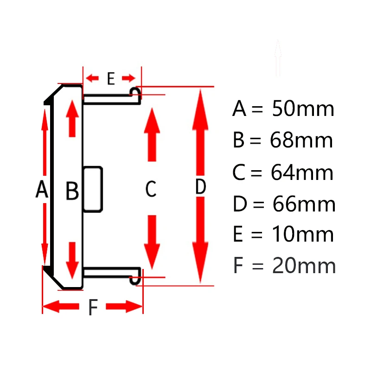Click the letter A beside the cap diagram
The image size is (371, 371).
pyautogui.click(x=42, y=190)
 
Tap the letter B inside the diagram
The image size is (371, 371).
pyautogui.click(x=72, y=191)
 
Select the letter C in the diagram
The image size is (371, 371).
pyautogui.click(x=151, y=189)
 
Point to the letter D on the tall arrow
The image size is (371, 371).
pyautogui.click(x=200, y=187)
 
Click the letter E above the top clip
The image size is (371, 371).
pyautogui.click(x=110, y=79)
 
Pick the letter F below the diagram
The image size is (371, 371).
pyautogui.click(x=93, y=307)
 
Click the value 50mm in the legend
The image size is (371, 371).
pyautogui.click(x=303, y=109)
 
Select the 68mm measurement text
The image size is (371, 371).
pyautogui.click(x=301, y=141)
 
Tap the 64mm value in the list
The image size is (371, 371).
pyautogui.click(x=302, y=173)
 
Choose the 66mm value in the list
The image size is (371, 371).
pyautogui.click(x=304, y=204)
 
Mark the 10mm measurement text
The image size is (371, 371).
pyautogui.click(x=303, y=235)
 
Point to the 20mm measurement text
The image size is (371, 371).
pyautogui.click(x=304, y=266)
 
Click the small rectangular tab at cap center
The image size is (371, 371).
pyautogui.click(x=93, y=189)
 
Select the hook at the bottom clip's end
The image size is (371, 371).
pyautogui.click(x=135, y=279)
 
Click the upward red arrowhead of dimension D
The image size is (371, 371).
pyautogui.click(x=200, y=104)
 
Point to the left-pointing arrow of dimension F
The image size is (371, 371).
pyautogui.click(x=60, y=306)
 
